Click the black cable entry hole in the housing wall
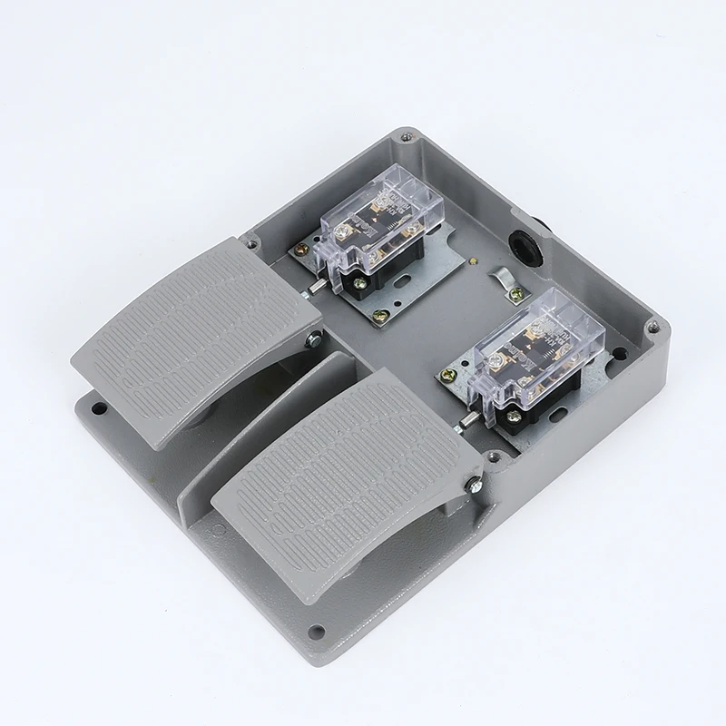click(x=525, y=242)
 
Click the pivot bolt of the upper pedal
click(x=314, y=341)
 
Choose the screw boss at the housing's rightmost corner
click(x=650, y=321)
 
